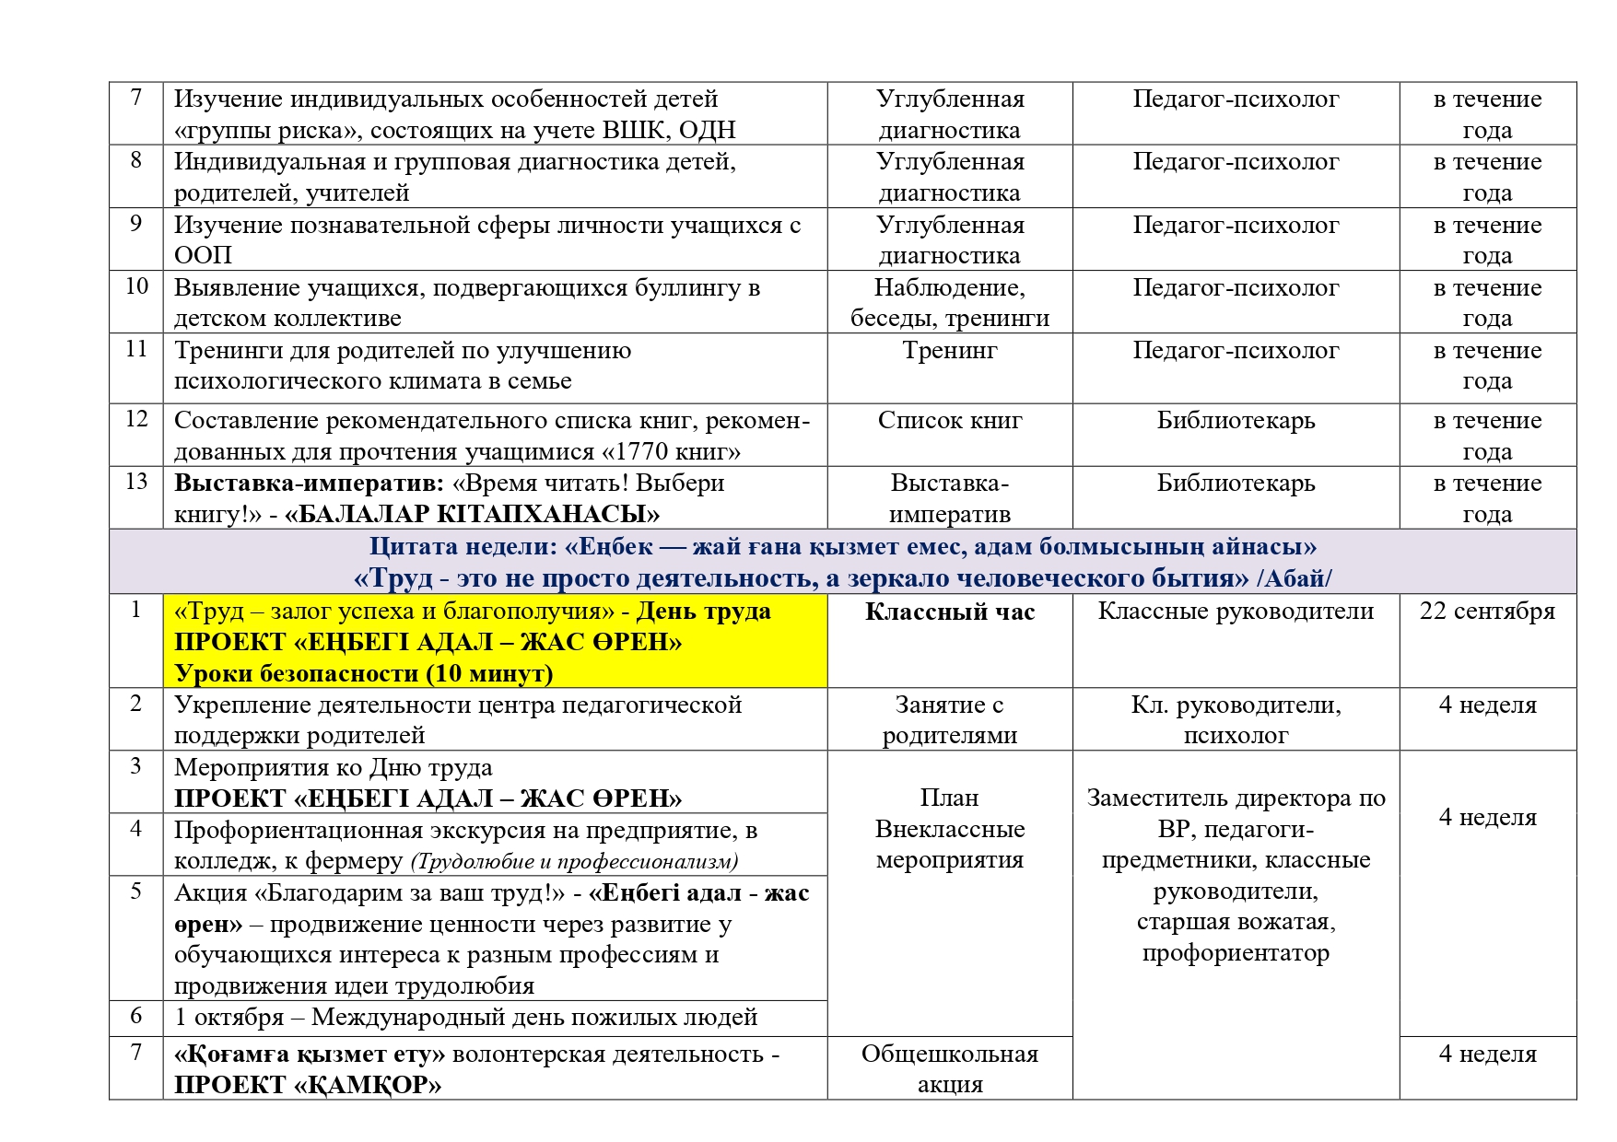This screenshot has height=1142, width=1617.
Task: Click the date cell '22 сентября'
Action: (x=1486, y=612)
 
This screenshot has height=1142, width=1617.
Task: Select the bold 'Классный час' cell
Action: (x=949, y=612)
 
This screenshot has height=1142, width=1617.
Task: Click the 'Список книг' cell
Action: (x=949, y=421)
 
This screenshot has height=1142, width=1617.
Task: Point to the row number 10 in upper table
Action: (x=136, y=286)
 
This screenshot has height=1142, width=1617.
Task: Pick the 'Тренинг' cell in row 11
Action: (x=949, y=351)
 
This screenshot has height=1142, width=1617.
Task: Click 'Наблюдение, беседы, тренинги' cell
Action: (x=949, y=303)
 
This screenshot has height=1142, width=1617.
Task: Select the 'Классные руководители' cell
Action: (x=1236, y=612)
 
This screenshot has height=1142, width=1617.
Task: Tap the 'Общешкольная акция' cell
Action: (x=949, y=1068)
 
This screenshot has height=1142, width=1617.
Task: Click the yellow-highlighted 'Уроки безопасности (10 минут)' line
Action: (x=363, y=673)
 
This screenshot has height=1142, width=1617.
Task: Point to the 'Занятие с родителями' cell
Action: (x=949, y=720)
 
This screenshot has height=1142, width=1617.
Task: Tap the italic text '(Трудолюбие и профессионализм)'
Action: (x=574, y=862)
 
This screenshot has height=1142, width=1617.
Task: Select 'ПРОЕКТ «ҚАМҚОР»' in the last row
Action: (x=308, y=1085)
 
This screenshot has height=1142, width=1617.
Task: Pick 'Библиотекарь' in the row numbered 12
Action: (x=1236, y=421)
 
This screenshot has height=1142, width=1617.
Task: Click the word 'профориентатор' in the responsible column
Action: (x=1236, y=953)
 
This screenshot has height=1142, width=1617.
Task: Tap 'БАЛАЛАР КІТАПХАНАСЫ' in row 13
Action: (x=472, y=514)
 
